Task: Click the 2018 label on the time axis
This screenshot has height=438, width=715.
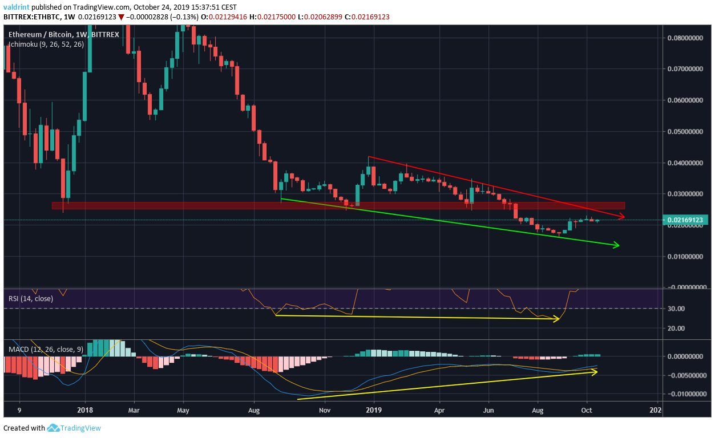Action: [x=85, y=409]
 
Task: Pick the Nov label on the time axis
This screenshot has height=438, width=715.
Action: [x=325, y=409]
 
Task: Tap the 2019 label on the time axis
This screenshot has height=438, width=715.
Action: [x=374, y=409]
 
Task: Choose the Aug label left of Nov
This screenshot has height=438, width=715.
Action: [x=255, y=409]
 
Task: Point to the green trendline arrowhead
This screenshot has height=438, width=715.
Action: [x=616, y=245]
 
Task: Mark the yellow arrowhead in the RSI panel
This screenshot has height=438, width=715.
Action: [x=556, y=319]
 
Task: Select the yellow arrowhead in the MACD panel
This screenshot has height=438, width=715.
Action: [x=595, y=372]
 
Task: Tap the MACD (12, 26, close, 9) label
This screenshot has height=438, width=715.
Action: [x=45, y=348]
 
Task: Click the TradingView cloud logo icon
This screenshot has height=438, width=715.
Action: [x=54, y=428]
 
